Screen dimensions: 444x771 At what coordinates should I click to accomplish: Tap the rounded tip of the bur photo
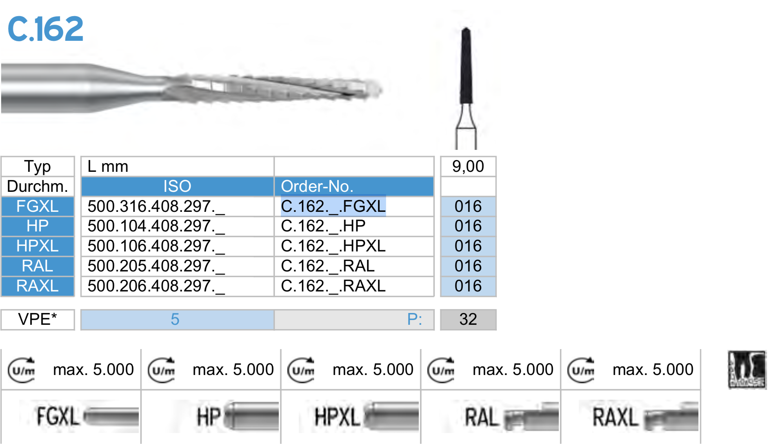point(375,89)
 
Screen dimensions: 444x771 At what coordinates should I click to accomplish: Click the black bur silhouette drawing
point(466,67)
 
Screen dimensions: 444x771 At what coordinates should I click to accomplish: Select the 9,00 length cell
point(468,166)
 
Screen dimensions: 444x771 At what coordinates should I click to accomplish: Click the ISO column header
point(177,186)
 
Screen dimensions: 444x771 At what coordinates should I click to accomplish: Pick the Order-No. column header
point(317,186)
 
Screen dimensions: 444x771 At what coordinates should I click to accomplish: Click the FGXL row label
point(38,206)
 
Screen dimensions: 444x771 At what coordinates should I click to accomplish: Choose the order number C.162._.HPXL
point(333,246)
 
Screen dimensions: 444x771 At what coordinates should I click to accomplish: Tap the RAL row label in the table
point(38,266)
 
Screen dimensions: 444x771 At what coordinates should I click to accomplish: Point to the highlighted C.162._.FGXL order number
point(333,206)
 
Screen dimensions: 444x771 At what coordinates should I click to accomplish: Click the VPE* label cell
point(38,319)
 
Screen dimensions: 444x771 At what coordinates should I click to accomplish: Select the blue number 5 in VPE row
point(175,319)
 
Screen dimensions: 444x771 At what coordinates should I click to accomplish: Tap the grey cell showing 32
point(468,319)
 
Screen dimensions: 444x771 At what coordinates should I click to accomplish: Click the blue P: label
point(414,319)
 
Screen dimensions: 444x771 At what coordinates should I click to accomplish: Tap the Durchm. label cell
point(38,186)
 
